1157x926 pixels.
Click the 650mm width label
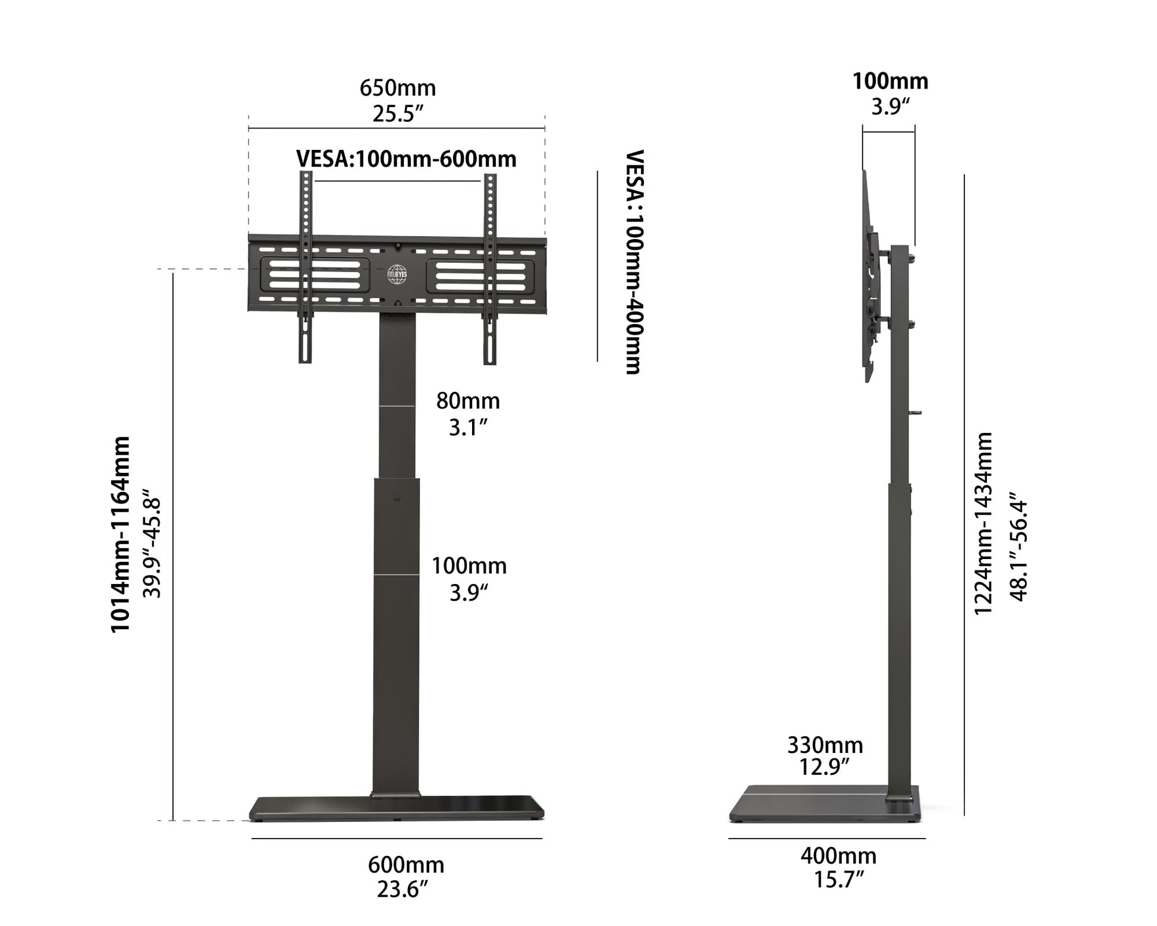397,88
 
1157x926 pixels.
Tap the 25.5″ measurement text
397,114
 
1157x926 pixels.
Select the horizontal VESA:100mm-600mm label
406,159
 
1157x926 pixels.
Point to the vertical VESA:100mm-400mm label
634,262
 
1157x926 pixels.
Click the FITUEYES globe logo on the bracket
397,274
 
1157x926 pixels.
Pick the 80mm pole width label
468,401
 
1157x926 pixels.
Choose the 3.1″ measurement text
468,427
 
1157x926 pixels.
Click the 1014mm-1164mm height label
121,534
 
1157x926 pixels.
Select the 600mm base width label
406,864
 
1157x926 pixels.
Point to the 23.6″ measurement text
403,890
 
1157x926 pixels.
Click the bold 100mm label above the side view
890,81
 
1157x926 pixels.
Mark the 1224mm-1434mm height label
983,523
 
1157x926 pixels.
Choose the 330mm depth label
825,745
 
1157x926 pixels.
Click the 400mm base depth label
838,856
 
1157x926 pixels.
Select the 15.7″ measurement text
838,880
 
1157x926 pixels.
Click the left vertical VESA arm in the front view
306,268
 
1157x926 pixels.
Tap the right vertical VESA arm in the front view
490,268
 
